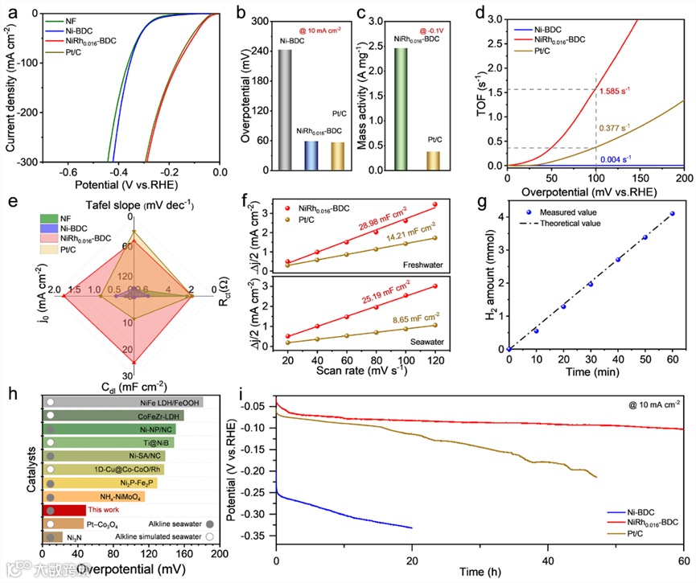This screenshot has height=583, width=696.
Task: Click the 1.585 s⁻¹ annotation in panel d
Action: (615, 92)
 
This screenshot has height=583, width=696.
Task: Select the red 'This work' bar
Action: (64, 510)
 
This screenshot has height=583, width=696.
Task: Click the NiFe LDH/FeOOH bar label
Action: (171, 402)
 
